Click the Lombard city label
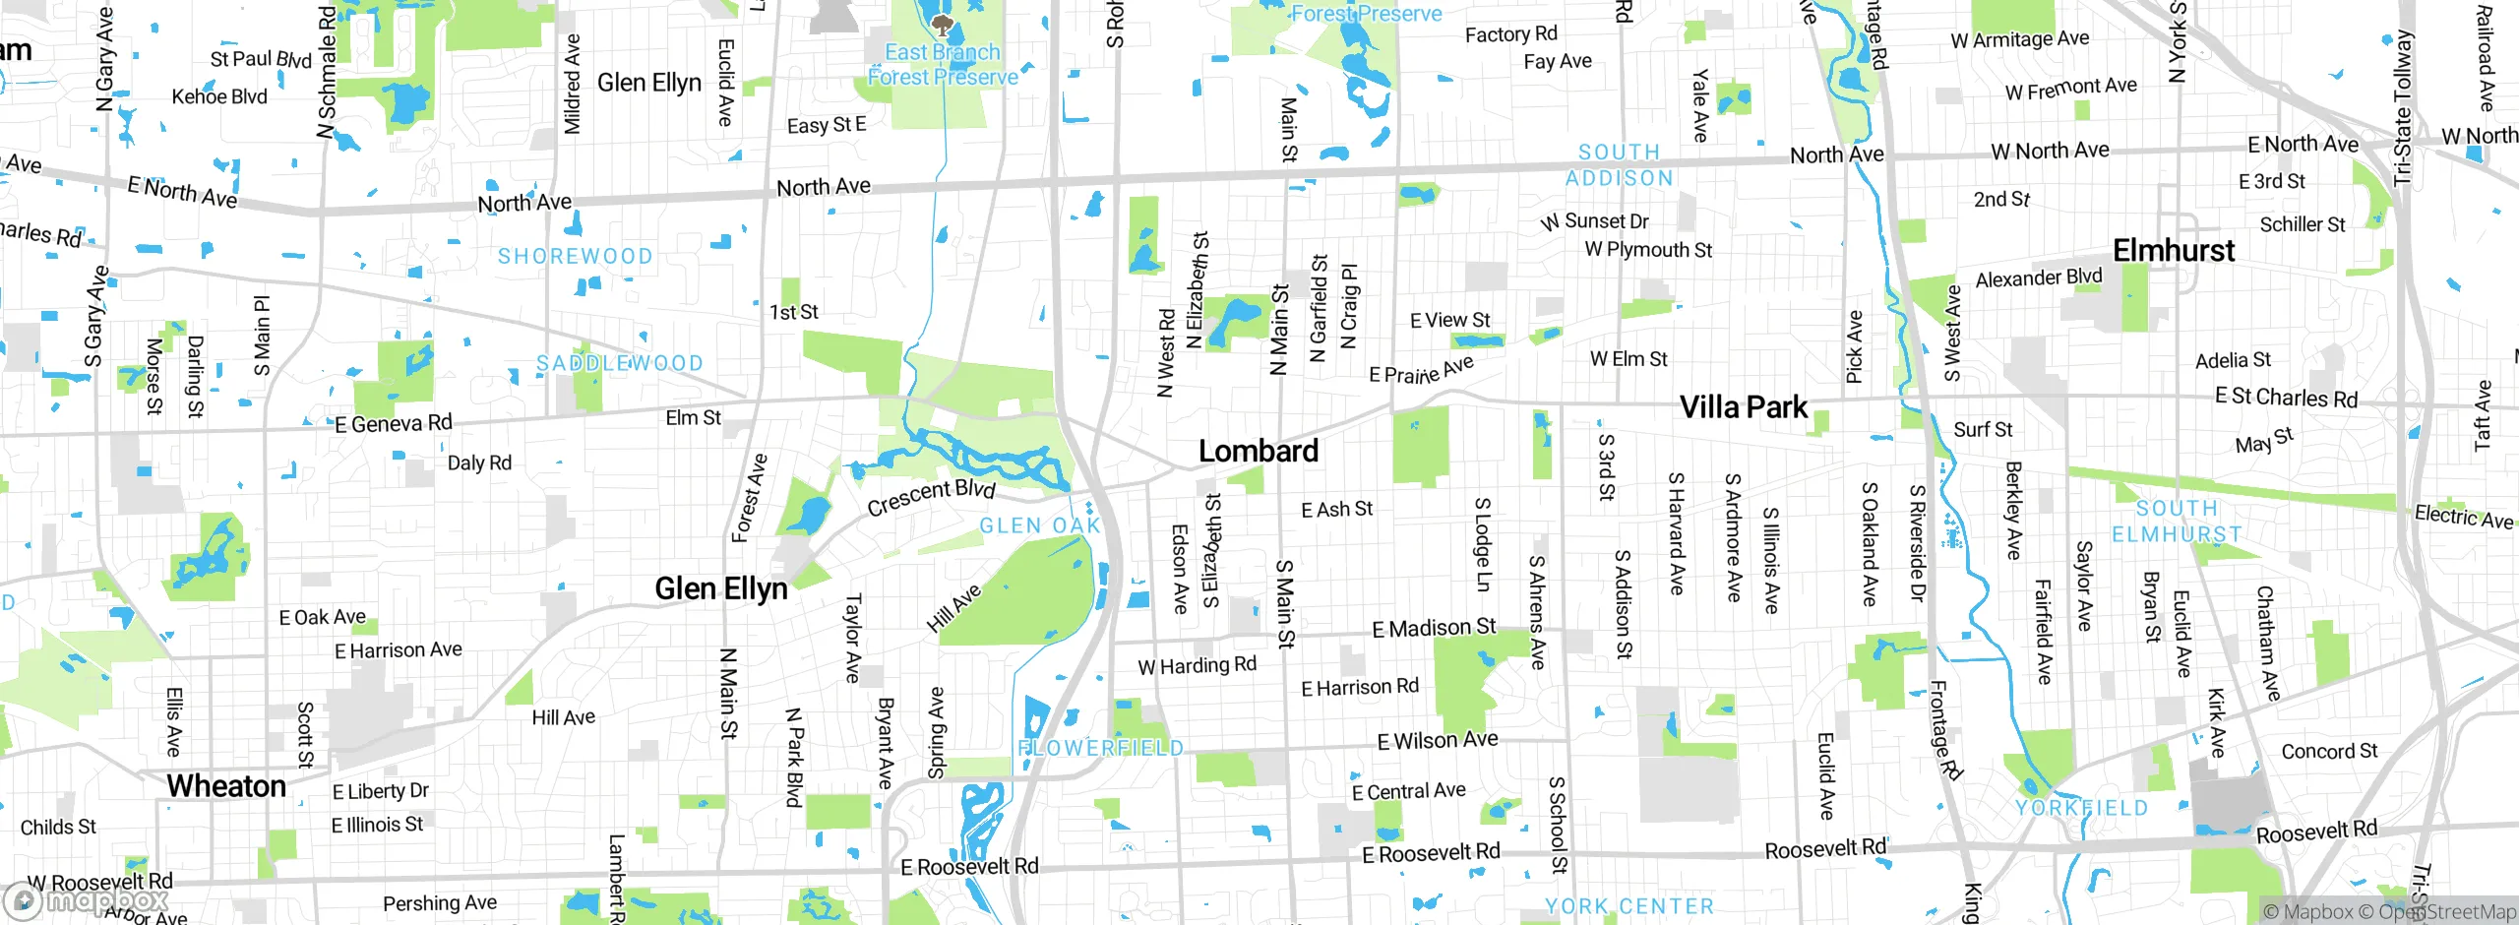1258,451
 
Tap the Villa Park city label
1743,406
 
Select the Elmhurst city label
2174,250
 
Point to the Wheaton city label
226,785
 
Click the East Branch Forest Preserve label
943,65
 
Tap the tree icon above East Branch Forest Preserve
943,24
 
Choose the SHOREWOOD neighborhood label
575,257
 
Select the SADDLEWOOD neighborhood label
620,363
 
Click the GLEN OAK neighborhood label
1040,525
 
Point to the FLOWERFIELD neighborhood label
1100,748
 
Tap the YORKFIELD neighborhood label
2081,808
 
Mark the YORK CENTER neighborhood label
1628,906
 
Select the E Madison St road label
1434,628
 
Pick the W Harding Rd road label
1197,666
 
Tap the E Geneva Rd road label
393,424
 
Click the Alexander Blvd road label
2038,278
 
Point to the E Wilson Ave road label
1438,741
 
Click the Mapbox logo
87,899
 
